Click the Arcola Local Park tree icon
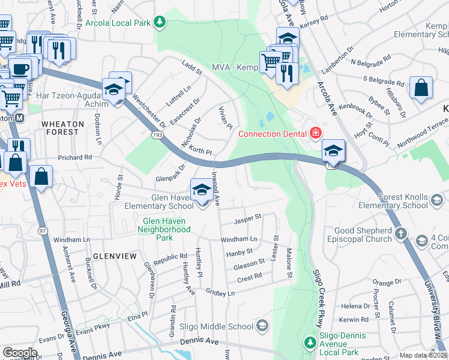click(159, 23)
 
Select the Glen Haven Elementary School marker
click(202, 191)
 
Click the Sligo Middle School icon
click(261, 326)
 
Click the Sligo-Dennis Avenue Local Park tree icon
click(310, 343)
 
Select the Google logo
click(20, 352)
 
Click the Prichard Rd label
click(74, 157)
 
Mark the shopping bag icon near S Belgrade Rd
click(421, 88)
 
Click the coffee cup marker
click(20, 68)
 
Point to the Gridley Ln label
click(220, 293)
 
